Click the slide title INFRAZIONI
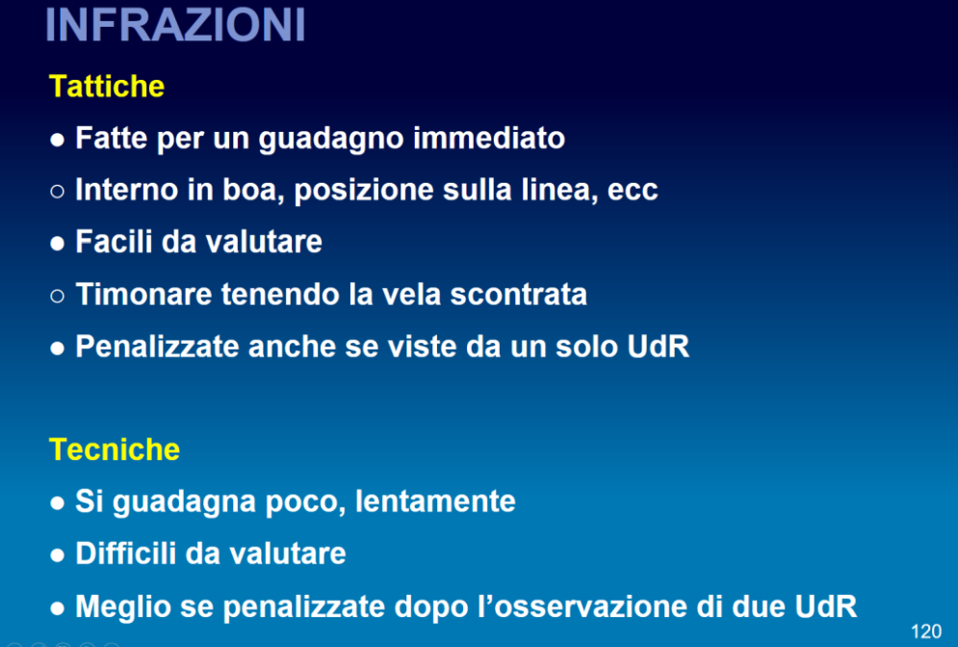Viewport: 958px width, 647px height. [175, 25]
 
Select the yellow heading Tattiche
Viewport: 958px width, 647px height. [107, 86]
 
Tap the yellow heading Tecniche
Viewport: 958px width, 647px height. [115, 450]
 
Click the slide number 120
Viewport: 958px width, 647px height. [926, 632]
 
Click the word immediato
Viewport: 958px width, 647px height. [489, 138]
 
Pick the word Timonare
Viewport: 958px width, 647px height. [143, 294]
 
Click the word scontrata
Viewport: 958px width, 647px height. [518, 294]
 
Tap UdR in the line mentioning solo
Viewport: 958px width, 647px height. [658, 347]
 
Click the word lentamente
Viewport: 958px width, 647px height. [435, 501]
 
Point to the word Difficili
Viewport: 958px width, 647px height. [125, 554]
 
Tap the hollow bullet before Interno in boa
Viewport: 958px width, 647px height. [58, 192]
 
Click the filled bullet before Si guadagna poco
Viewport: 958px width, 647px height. [58, 504]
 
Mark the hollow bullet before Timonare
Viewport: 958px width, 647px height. [58, 297]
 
